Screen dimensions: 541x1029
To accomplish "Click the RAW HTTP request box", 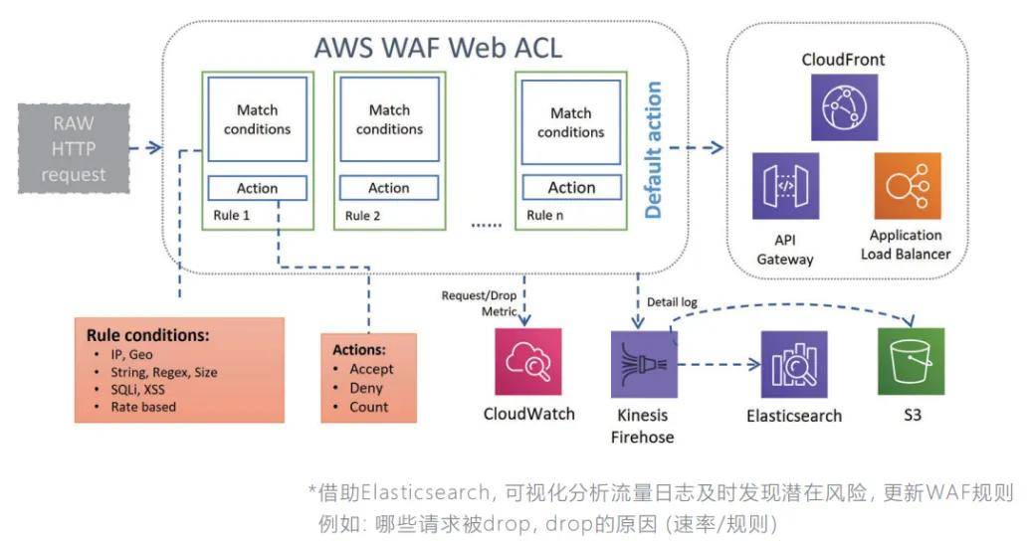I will point(73,146).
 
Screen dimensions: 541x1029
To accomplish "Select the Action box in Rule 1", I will point(257,188).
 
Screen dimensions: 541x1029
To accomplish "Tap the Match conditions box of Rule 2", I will point(389,120).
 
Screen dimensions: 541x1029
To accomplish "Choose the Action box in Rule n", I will point(571,187).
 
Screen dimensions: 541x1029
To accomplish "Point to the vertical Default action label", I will point(654,150).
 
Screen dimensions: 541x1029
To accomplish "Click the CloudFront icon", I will point(844,106).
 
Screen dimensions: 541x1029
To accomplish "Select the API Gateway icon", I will point(785,185).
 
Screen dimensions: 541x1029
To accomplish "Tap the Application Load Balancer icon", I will point(907,185).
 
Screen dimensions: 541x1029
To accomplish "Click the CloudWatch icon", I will point(528,361).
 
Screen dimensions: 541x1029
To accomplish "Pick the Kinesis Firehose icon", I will point(643,364).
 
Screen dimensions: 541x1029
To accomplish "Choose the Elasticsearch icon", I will point(793,364).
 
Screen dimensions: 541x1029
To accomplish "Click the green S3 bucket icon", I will point(911,361).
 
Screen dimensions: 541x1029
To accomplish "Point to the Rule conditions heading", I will point(147,335).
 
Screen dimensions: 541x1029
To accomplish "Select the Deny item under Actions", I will point(366,388).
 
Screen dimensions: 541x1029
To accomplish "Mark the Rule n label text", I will point(546,215).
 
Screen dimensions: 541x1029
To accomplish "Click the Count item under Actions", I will point(369,407).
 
